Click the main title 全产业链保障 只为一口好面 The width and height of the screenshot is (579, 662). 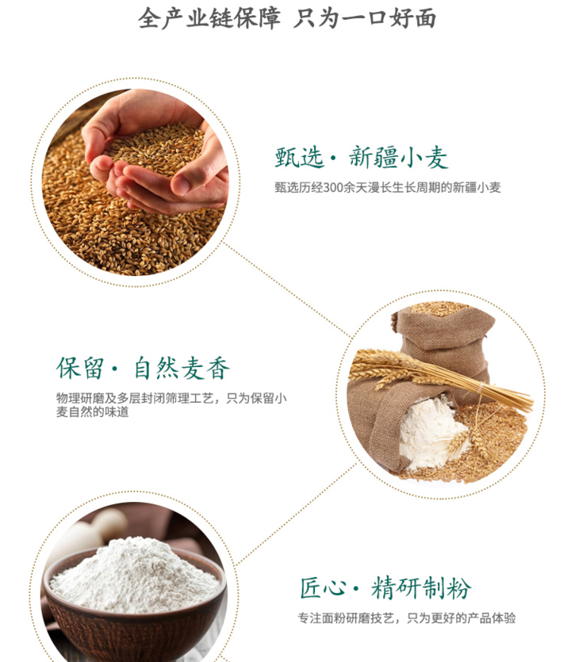287,18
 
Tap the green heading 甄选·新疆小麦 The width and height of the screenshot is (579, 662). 362,158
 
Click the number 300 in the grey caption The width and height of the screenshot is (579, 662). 333,187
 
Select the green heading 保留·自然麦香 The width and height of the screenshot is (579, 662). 144,368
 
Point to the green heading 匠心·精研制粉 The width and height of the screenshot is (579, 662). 385,587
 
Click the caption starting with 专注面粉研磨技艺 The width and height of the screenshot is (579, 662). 407,618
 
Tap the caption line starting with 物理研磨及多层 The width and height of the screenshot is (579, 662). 171,398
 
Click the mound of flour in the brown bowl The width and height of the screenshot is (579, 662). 134,575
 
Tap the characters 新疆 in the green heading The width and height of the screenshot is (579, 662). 374,158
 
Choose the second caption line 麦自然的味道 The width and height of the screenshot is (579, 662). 92,412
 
